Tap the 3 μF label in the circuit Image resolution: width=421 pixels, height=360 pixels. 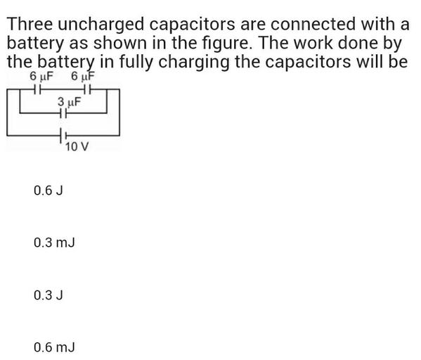click(x=70, y=102)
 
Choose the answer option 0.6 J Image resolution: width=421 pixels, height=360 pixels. click(x=48, y=190)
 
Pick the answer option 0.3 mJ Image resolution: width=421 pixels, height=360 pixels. click(x=53, y=243)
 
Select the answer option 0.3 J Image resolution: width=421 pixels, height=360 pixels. click(x=48, y=295)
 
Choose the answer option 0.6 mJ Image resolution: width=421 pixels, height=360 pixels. click(x=53, y=347)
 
